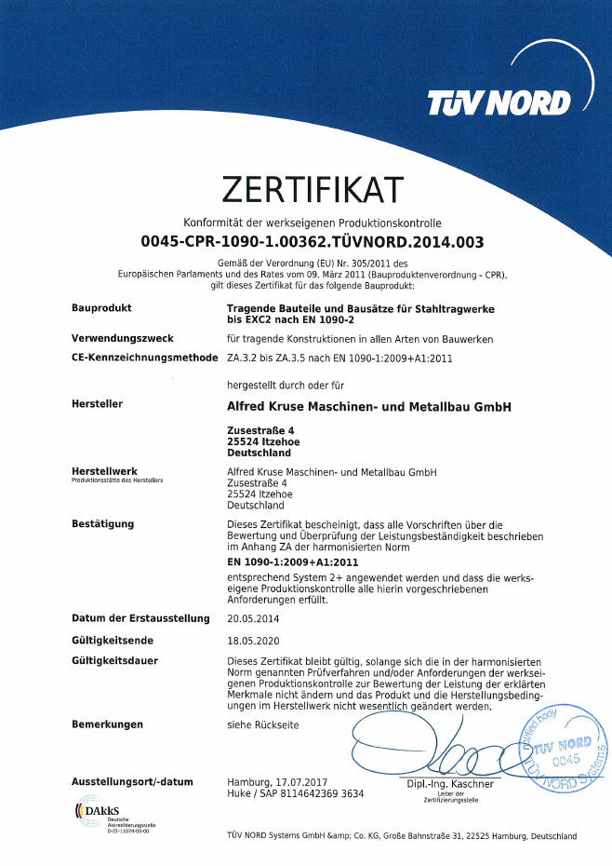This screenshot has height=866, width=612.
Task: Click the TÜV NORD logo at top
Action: click(499, 101)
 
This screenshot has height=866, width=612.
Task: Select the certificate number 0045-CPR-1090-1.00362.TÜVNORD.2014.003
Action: click(313, 242)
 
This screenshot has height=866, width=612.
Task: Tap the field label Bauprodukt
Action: click(101, 307)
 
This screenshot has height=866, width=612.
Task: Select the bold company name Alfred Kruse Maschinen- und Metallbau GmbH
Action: click(369, 406)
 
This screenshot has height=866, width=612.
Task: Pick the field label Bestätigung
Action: click(103, 524)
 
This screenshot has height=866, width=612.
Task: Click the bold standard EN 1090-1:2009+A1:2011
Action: click(293, 562)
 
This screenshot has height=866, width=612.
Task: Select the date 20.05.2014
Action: click(253, 618)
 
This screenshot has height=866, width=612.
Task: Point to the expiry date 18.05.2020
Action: click(253, 641)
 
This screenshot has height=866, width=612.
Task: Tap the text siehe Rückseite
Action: click(263, 724)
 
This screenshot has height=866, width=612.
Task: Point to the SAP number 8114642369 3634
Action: click(313, 793)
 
